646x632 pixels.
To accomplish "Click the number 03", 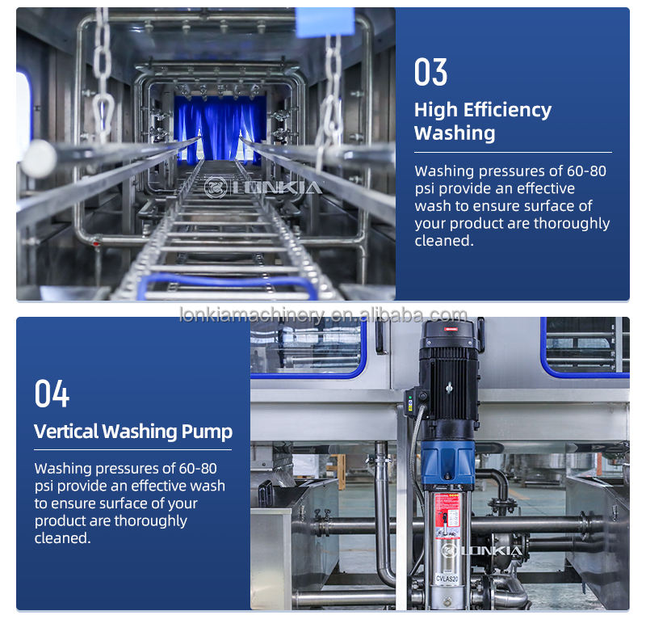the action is click(x=430, y=72).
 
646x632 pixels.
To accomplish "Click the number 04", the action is click(x=52, y=394).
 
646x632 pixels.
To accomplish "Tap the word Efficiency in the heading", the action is click(x=507, y=110).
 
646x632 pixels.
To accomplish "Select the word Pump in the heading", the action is click(x=207, y=432).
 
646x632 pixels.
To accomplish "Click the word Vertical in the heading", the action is click(x=67, y=432).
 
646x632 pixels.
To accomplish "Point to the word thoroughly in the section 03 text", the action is click(x=572, y=223).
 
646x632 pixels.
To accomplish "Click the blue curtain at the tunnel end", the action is click(x=220, y=128).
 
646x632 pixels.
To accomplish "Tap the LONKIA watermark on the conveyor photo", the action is click(x=263, y=187).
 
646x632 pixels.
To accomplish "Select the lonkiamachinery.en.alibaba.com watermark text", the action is click(x=324, y=315).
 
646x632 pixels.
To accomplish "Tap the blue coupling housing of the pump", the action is click(x=448, y=464).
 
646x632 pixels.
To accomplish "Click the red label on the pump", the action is click(x=447, y=516).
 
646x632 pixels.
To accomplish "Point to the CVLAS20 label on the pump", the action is click(x=447, y=579).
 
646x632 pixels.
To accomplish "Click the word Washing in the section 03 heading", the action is click(x=455, y=133).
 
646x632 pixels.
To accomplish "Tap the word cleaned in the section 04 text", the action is click(x=62, y=538).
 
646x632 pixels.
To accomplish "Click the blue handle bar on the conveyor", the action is click(x=228, y=283).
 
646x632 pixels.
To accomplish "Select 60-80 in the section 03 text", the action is click(x=586, y=171).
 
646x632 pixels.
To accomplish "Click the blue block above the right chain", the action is click(x=325, y=22).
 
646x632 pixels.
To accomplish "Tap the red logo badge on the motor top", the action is click(x=451, y=329).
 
